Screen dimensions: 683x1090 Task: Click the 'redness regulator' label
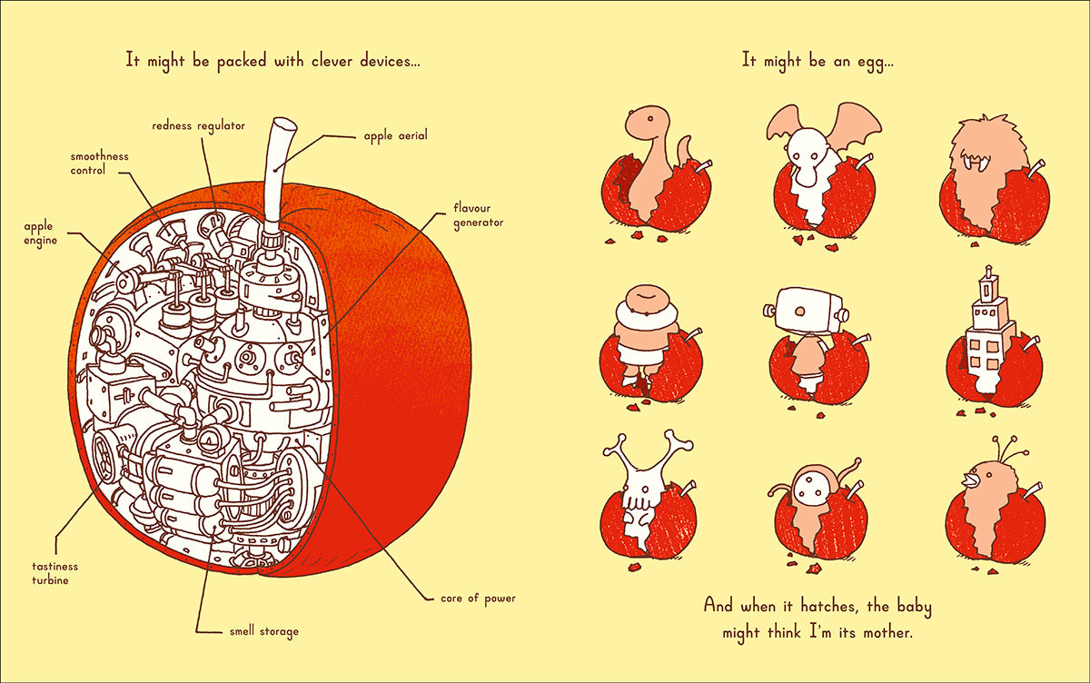198,124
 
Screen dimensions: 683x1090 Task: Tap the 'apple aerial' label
395,136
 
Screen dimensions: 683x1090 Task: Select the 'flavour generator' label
478,214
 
